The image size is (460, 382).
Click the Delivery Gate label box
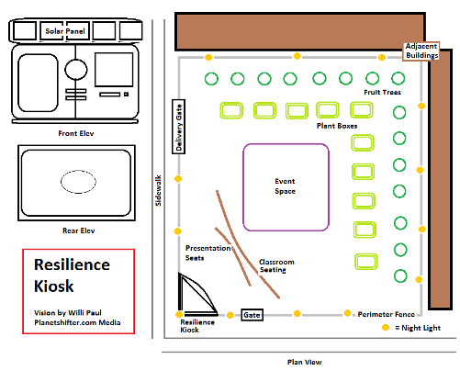tap(179, 127)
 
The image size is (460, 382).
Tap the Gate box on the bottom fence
tap(252, 315)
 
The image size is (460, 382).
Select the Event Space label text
tap(285, 186)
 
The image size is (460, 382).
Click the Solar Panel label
tap(65, 31)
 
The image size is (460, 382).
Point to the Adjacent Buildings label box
tap(421, 51)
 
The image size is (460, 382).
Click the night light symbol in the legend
tap(386, 328)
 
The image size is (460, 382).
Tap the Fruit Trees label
tap(382, 92)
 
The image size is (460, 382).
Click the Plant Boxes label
tap(337, 126)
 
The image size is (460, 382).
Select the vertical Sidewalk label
tap(158, 190)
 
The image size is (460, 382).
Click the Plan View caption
tap(305, 362)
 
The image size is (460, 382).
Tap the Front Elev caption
tap(76, 133)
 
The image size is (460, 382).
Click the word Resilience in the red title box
tap(72, 264)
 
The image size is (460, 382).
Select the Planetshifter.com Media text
tap(77, 322)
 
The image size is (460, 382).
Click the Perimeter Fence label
tap(387, 314)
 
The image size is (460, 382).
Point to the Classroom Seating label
tap(276, 265)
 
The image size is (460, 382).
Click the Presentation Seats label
tap(208, 253)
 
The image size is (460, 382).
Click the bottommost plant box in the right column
tap(366, 262)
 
